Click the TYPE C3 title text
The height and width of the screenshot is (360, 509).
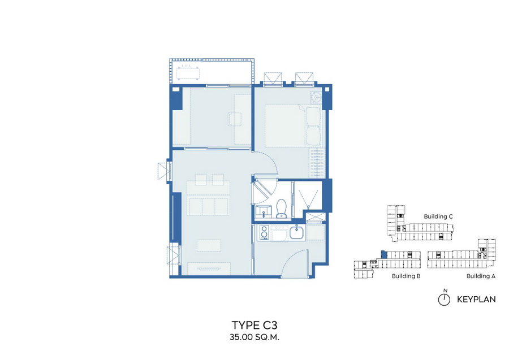pyautogui.click(x=255, y=325)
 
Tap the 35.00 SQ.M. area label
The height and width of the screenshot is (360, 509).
pyautogui.click(x=255, y=337)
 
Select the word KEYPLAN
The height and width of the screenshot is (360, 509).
pyautogui.click(x=476, y=300)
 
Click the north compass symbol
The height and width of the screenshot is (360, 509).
pyautogui.click(x=444, y=299)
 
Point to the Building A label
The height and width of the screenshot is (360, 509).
pyautogui.click(x=481, y=276)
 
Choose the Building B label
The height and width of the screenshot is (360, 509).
pyautogui.click(x=406, y=276)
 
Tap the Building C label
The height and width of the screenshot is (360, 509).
pyautogui.click(x=438, y=216)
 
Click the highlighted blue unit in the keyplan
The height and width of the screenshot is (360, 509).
pyautogui.click(x=384, y=254)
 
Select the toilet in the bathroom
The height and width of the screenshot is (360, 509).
pyautogui.click(x=281, y=209)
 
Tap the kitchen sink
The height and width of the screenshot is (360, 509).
pyautogui.click(x=297, y=233)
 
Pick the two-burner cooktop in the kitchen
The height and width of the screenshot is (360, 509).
pyautogui.click(x=263, y=233)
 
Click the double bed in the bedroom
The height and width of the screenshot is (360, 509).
pyautogui.click(x=294, y=125)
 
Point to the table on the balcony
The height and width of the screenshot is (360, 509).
pyautogui.click(x=188, y=73)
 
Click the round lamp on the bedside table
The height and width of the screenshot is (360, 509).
pyautogui.click(x=315, y=97)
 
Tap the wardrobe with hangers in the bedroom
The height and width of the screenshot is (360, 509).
pyautogui.click(x=317, y=163)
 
